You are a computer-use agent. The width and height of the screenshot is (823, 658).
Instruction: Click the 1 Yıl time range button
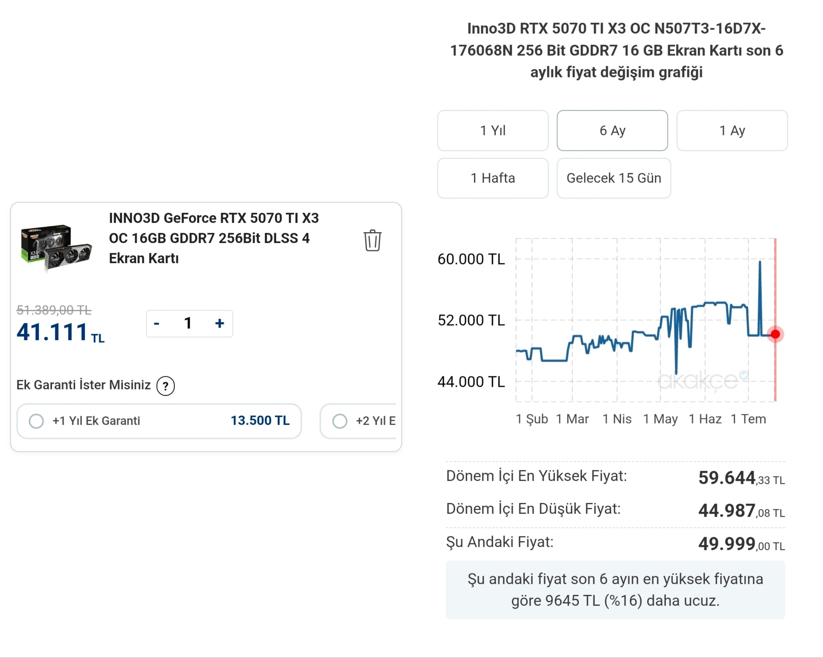tap(493, 130)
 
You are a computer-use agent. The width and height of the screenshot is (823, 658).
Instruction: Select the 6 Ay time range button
tap(612, 130)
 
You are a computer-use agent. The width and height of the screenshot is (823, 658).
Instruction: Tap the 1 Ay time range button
tap(732, 130)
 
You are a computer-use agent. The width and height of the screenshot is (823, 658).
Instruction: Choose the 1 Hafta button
tap(493, 178)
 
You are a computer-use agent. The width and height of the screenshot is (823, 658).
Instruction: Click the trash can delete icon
tap(372, 240)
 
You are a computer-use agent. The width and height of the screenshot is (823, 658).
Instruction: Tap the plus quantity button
tap(220, 324)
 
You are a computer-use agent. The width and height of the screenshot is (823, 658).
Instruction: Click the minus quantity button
tap(157, 324)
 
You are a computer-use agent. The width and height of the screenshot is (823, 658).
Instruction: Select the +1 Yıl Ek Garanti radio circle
tap(36, 421)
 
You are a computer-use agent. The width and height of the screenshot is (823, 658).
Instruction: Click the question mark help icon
tap(166, 386)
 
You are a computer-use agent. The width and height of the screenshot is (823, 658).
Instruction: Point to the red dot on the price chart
tap(775, 334)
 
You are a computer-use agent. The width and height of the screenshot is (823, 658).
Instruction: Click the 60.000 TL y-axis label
tap(471, 259)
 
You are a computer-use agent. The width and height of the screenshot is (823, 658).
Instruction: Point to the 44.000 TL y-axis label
tap(471, 381)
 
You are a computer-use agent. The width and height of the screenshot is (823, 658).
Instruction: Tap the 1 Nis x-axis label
tap(617, 419)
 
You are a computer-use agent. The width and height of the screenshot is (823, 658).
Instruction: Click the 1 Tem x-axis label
tap(748, 419)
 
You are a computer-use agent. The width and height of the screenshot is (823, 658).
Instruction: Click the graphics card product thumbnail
tap(56, 248)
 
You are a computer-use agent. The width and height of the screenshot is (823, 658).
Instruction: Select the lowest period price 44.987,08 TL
tap(741, 511)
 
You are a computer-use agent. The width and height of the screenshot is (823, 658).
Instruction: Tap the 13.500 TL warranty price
tap(260, 421)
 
